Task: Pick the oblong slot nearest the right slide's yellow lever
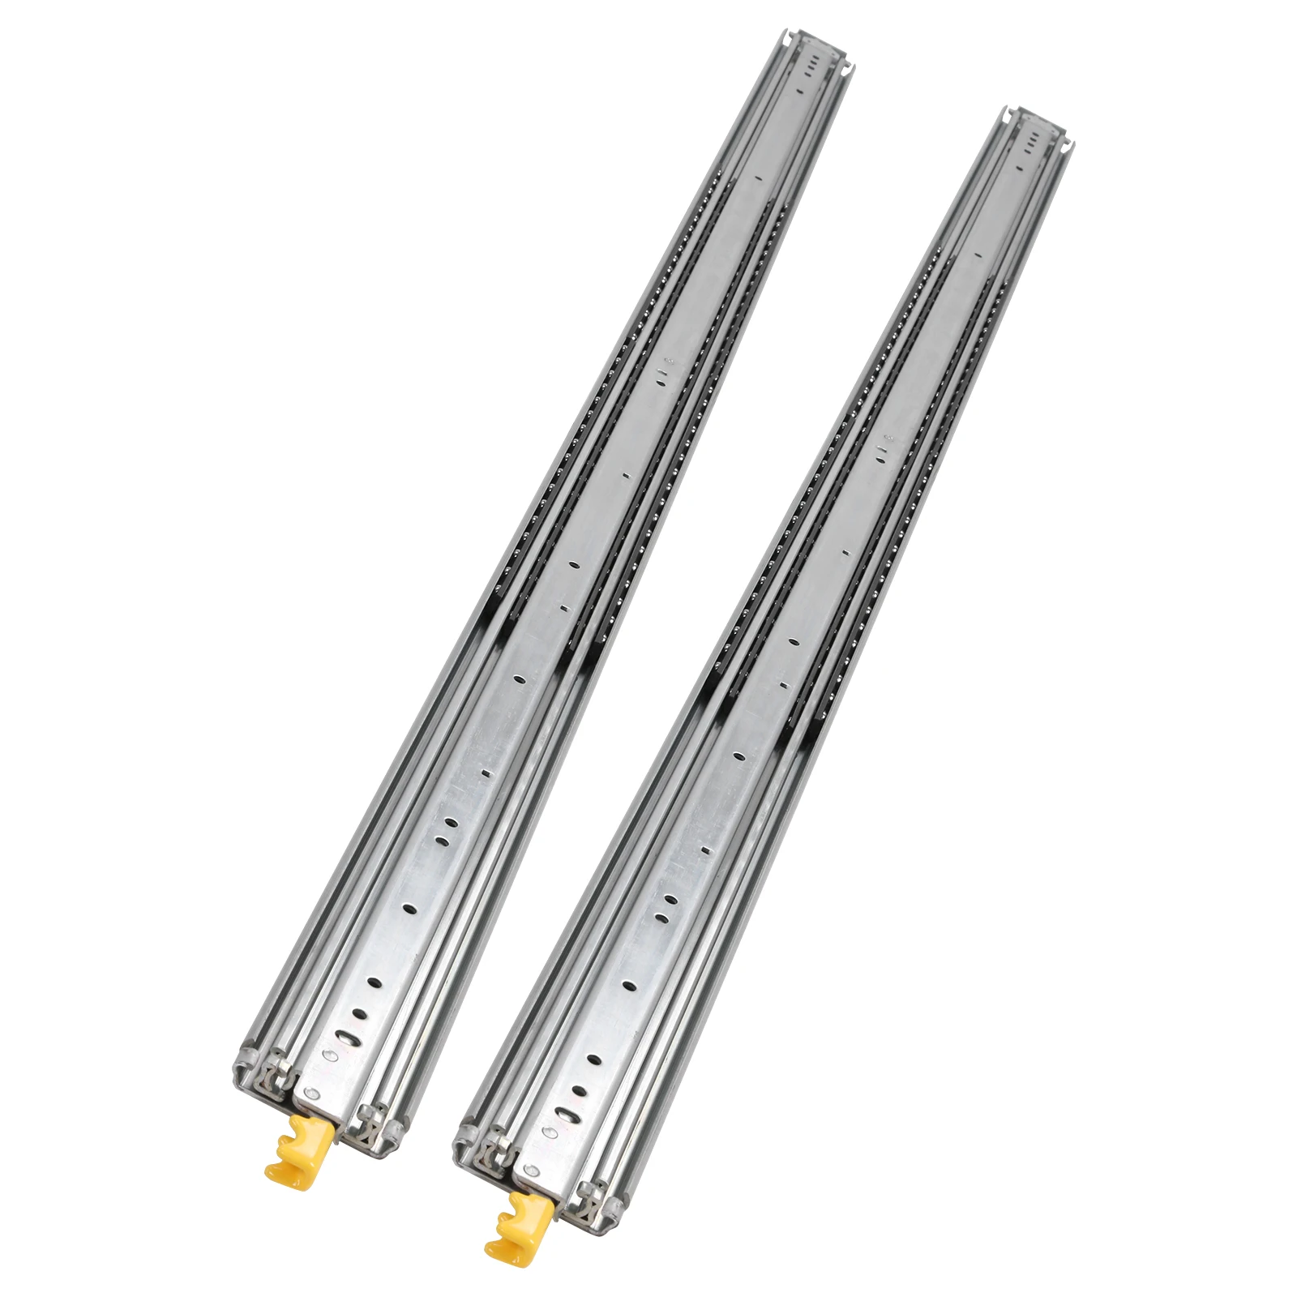564,1115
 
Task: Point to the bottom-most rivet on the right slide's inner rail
533,1169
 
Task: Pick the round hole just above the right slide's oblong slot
577,1090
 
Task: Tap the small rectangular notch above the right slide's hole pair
704,850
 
